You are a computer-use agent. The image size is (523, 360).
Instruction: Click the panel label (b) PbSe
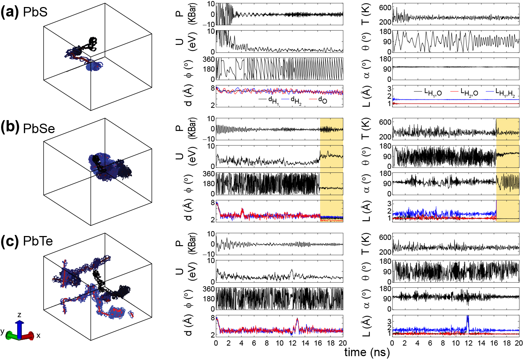(28, 127)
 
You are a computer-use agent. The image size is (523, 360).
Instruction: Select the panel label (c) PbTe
(27, 241)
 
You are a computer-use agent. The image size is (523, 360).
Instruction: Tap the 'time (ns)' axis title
(367, 352)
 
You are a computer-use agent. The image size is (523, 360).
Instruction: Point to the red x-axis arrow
(28, 336)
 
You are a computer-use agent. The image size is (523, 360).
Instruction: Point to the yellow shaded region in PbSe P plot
(331, 129)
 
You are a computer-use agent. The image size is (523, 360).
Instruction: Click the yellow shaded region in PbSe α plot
(508, 183)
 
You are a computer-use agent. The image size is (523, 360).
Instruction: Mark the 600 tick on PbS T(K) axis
(385, 7)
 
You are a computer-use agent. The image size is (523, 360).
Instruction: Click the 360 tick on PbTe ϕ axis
(208, 289)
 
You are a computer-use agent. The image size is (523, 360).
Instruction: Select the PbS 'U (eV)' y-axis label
(185, 41)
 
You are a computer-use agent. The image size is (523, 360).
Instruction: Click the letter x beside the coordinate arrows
(38, 335)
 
